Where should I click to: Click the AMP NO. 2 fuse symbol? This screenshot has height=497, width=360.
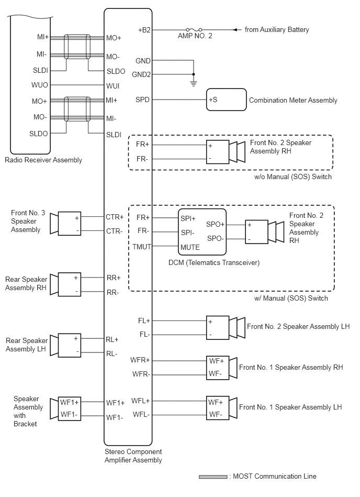pos(194,29)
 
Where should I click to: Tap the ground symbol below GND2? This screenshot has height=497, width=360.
pos(194,84)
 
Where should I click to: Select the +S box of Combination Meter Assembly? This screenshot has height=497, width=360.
pos(226,100)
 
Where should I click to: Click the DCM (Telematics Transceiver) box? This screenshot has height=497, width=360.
pos(202,231)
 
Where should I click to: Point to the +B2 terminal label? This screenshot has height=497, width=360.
pos(144,30)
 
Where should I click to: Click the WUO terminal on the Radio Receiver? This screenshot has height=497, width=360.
pos(40,85)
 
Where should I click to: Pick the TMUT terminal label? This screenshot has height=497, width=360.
pos(141,247)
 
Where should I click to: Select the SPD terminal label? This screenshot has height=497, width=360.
pos(142,100)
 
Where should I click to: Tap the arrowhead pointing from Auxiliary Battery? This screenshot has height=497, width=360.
pos(235,30)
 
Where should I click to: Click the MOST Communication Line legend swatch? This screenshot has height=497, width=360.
pos(213,477)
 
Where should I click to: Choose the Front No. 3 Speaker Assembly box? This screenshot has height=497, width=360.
pos(70,224)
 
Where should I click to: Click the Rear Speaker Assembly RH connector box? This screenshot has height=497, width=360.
pos(70,284)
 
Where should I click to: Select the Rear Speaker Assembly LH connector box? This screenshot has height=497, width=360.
pos(70,345)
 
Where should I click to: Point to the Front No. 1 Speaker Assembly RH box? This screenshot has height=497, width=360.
pos(218,367)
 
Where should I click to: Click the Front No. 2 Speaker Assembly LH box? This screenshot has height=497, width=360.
pos(218,328)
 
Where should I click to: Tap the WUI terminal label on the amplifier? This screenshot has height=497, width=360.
pos(113,86)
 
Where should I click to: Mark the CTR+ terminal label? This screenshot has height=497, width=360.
pos(115,217)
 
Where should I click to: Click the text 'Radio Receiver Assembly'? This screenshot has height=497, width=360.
pos(43,160)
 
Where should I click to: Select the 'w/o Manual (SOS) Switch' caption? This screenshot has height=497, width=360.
pos(293,177)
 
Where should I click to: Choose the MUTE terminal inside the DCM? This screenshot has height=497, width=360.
pos(190,247)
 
